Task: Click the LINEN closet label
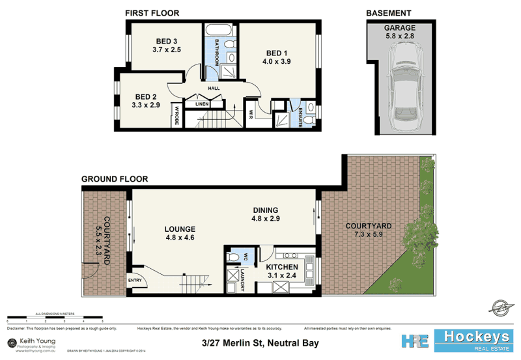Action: click(x=201, y=104)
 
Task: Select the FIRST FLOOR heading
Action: click(x=153, y=13)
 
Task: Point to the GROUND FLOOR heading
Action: click(x=114, y=178)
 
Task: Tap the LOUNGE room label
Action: click(x=180, y=229)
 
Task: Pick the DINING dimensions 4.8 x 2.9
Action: click(x=266, y=219)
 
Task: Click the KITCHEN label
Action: click(x=282, y=268)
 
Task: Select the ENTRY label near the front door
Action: click(x=135, y=281)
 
